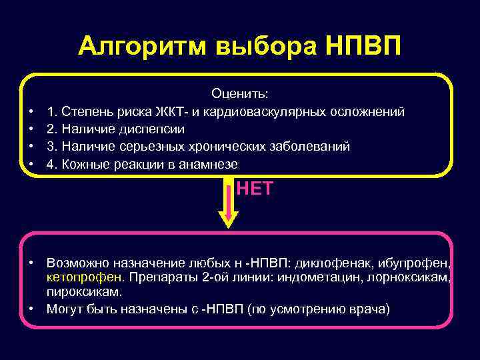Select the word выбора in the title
pyautogui.click(x=265, y=48)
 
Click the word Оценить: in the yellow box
pyautogui.click(x=239, y=95)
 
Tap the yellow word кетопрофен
pyautogui.click(x=86, y=277)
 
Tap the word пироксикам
pyautogui.click(x=85, y=291)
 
